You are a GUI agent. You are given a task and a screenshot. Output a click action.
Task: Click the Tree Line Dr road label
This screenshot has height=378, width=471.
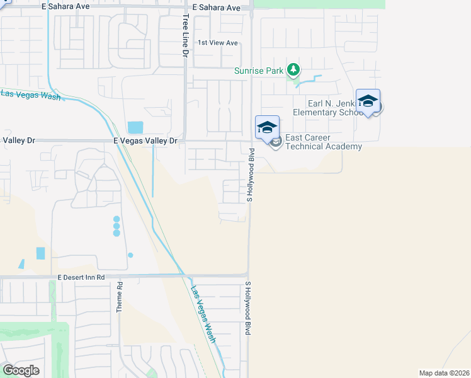pyautogui.click(x=186, y=37)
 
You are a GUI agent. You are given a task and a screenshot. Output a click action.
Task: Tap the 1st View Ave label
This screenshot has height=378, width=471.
pyautogui.click(x=217, y=43)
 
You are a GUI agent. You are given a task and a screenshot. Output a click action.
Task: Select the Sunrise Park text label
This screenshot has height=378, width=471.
pyautogui.click(x=259, y=71)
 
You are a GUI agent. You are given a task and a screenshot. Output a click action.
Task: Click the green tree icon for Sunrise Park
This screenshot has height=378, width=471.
pyautogui.click(x=293, y=69)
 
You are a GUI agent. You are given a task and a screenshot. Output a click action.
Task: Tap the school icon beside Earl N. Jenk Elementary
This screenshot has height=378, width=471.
pyautogui.click(x=368, y=101)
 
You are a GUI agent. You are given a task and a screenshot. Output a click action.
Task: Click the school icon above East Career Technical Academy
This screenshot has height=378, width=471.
pyautogui.click(x=267, y=127)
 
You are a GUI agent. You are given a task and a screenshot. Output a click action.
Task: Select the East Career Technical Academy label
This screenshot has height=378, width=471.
pyautogui.click(x=324, y=142)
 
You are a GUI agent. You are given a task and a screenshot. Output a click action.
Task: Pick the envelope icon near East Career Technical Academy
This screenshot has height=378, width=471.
pyautogui.click(x=276, y=143)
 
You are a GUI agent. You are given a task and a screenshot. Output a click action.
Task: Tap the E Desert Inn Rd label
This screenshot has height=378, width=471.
pyautogui.click(x=81, y=277)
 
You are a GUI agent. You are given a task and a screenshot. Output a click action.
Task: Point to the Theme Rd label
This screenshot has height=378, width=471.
pyautogui.click(x=119, y=297)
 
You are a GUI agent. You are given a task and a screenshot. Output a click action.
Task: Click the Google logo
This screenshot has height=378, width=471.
pyautogui.click(x=21, y=370)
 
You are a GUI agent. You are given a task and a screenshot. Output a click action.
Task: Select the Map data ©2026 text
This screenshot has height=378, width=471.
pyautogui.click(x=444, y=373)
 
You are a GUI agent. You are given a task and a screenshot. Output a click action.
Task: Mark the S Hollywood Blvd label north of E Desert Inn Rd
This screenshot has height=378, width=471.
pyautogui.click(x=249, y=175)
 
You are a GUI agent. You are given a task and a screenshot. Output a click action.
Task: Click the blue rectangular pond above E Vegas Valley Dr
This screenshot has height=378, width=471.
pyautogui.click(x=135, y=127)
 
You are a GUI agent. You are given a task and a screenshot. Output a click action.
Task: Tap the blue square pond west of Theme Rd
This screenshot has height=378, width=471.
pyautogui.click(x=41, y=253)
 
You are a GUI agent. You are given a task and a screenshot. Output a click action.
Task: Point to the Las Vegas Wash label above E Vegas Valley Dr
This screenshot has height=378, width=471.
pyautogui.click(x=30, y=95)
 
